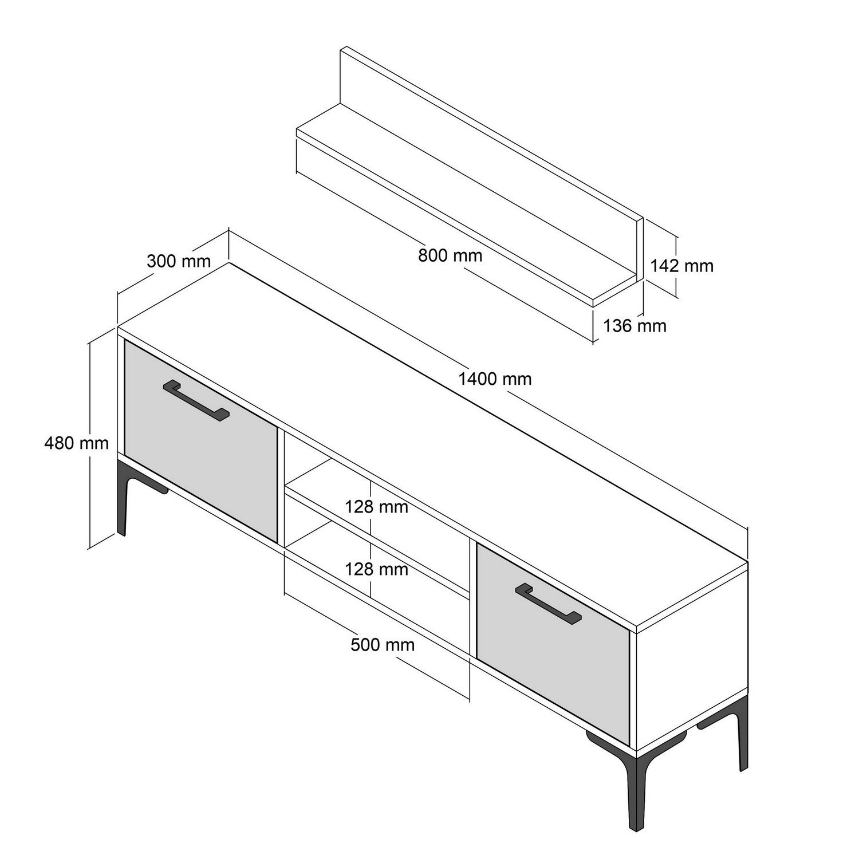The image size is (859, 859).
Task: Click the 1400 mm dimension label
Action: point(495,379)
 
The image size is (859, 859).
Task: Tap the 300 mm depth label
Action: point(179,261)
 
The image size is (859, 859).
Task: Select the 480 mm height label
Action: point(76,443)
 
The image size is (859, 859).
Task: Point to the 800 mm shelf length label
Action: point(450,255)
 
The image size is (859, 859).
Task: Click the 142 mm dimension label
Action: point(681,266)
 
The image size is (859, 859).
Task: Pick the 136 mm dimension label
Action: point(635,326)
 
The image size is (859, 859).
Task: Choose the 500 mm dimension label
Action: point(383,645)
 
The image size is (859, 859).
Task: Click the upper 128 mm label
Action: point(376,507)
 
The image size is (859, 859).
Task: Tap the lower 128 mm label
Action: point(376,569)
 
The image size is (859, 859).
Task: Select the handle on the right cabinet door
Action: point(548,602)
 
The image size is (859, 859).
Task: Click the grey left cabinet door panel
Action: point(200,452)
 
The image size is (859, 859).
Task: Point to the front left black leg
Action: point(122,498)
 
